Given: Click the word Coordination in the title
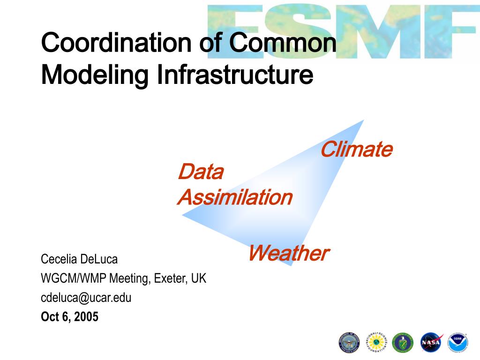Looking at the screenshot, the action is pyautogui.click(x=117, y=42).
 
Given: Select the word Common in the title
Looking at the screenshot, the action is pyautogui.click(x=283, y=42).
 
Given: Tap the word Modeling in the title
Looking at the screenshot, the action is pyautogui.click(x=95, y=75).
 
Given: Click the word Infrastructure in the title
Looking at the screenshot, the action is pyautogui.click(x=235, y=75).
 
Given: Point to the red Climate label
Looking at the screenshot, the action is pyautogui.click(x=357, y=149).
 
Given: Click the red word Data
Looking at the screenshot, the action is pyautogui.click(x=201, y=172).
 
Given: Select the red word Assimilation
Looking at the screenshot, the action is pyautogui.click(x=235, y=197).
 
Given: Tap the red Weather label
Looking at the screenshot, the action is pyautogui.click(x=289, y=253).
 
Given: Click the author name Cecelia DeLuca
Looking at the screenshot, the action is pyautogui.click(x=79, y=259).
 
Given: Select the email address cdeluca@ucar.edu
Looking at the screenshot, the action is pyautogui.click(x=86, y=298).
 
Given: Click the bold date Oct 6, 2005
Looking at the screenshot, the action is pyautogui.click(x=69, y=317).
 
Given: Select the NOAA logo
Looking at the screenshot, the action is pyautogui.click(x=457, y=342).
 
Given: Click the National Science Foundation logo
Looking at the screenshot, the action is pyautogui.click(x=376, y=342).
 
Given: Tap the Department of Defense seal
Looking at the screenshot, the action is pyautogui.click(x=349, y=342).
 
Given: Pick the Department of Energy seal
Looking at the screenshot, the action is pyautogui.click(x=403, y=342).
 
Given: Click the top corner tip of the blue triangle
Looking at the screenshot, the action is pyautogui.click(x=364, y=120).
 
